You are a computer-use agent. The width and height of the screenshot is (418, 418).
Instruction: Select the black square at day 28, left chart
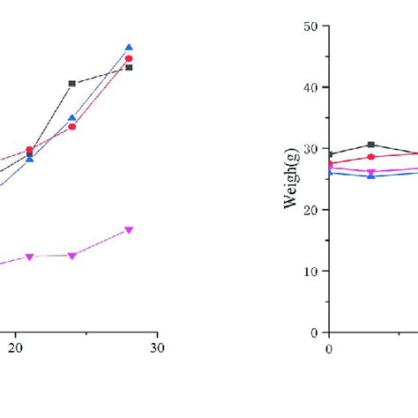[129, 67]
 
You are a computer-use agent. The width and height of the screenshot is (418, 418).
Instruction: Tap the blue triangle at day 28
[129, 48]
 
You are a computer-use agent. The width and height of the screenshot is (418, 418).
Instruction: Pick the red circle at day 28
[129, 58]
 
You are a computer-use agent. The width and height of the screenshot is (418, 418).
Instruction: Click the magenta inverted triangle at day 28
[129, 230]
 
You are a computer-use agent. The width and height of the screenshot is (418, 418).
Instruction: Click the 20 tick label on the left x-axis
[15, 348]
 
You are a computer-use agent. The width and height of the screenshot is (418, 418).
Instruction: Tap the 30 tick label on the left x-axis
[157, 348]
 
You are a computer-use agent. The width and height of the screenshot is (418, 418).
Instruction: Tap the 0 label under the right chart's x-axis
[329, 348]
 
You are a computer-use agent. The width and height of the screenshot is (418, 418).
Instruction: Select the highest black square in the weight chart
[371, 145]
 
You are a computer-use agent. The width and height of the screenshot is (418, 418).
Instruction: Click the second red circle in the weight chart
[371, 157]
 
